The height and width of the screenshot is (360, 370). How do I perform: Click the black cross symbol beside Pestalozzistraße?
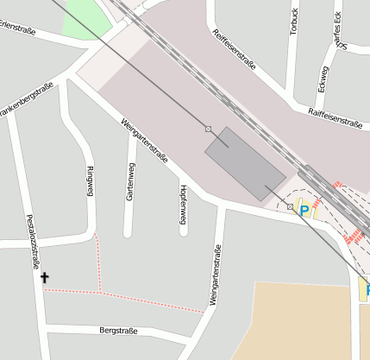click(x=45, y=278)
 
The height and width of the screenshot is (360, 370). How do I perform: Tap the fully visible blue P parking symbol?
click(x=304, y=209)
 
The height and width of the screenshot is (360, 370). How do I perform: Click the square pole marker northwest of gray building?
click(x=208, y=129)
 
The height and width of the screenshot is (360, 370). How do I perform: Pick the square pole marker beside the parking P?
click(x=290, y=206)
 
